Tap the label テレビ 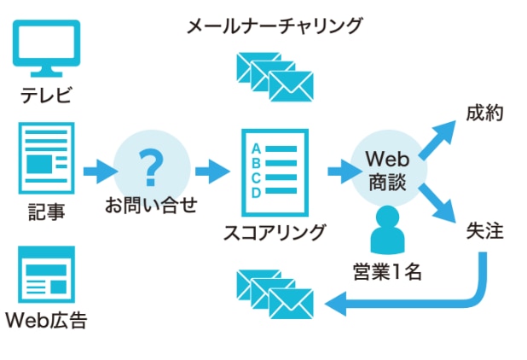(47, 94)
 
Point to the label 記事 (47, 210)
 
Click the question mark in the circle (151, 167)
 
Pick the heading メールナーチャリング (274, 26)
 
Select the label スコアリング (274, 231)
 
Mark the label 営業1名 (389, 273)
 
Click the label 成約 (486, 113)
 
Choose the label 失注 (486, 230)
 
